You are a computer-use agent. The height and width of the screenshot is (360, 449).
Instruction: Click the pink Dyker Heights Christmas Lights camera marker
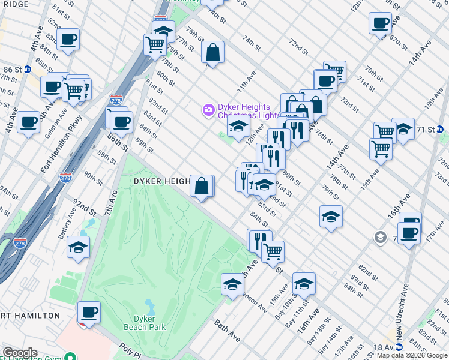[208, 110]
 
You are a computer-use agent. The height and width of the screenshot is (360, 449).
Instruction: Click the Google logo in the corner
[19, 353]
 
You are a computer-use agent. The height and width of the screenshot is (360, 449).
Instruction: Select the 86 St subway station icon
[28, 70]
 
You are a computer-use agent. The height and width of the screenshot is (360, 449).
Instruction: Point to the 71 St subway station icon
[439, 129]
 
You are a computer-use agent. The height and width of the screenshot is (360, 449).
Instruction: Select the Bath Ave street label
[228, 331]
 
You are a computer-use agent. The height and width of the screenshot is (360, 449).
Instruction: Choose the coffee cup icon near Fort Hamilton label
[89, 312]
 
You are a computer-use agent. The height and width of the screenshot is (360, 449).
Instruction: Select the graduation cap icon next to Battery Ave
[78, 247]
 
